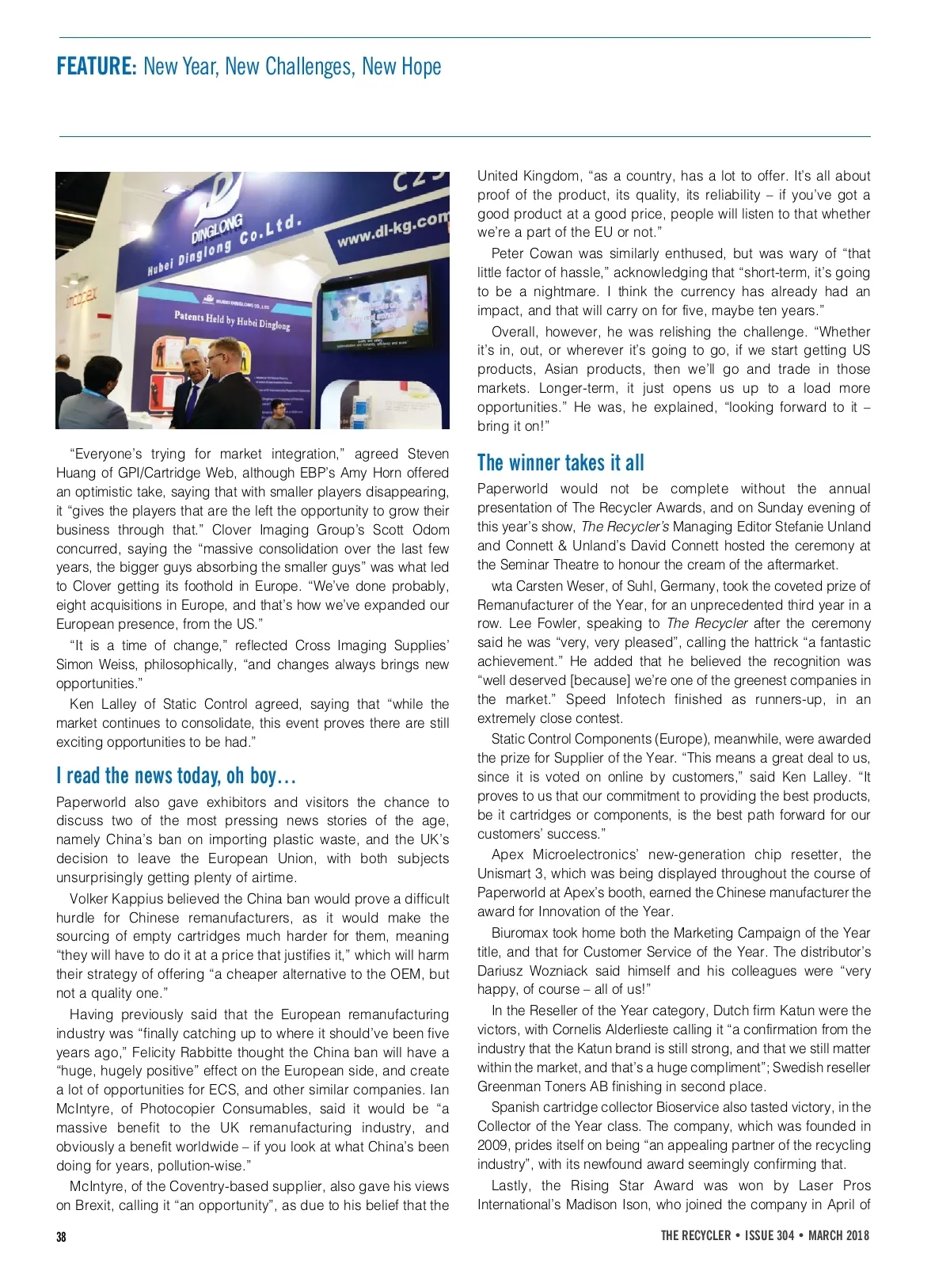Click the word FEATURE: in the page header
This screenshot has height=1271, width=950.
tap(97, 67)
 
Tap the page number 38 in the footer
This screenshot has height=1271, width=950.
tap(62, 1236)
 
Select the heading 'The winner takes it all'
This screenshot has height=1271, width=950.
tap(560, 462)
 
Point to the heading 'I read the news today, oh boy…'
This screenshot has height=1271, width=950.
tap(176, 775)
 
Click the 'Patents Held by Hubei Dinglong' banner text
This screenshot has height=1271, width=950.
tap(232, 320)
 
